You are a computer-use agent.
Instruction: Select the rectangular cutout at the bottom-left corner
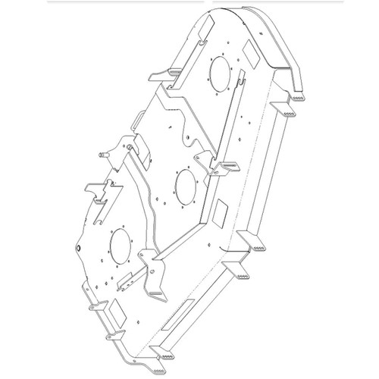pyautogui.click(x=118, y=309)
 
